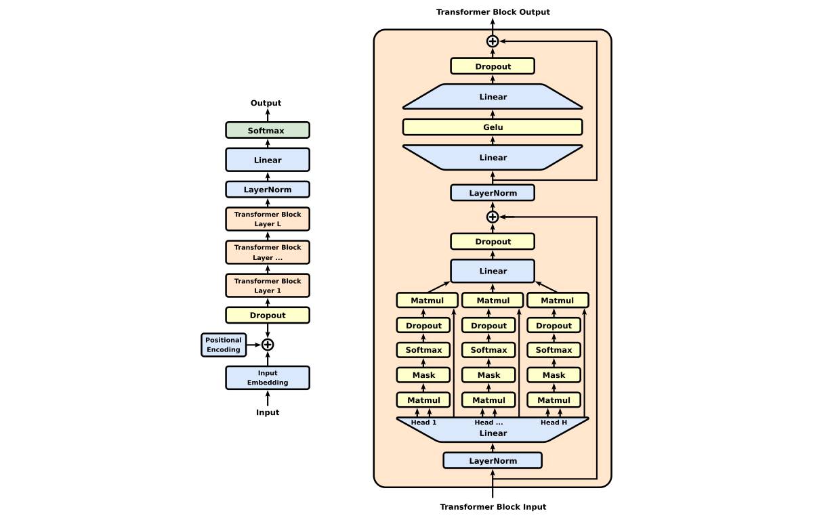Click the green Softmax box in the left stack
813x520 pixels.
(267, 130)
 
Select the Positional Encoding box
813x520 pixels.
(224, 345)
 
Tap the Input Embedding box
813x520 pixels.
(267, 378)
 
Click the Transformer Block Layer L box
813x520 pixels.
(267, 219)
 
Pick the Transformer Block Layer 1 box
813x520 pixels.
(267, 286)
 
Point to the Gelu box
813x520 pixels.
(493, 127)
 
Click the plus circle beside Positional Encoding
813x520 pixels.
(268, 345)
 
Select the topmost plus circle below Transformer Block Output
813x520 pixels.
(493, 41)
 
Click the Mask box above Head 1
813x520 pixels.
(423, 375)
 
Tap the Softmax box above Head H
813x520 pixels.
(554, 350)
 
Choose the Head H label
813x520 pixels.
(554, 422)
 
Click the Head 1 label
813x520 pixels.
(424, 422)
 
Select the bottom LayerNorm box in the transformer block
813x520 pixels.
(493, 460)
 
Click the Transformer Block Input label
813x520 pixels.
(493, 506)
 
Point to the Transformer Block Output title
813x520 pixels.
(493, 12)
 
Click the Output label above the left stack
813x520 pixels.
(266, 103)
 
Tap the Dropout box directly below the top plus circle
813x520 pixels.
(493, 66)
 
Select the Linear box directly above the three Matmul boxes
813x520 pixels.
(493, 271)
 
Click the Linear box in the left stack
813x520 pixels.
(267, 160)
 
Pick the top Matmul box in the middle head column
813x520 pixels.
(493, 301)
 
